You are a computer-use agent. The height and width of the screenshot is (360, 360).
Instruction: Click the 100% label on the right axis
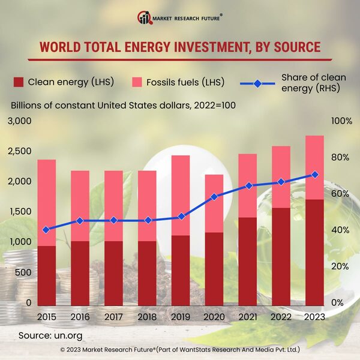[x=341, y=121]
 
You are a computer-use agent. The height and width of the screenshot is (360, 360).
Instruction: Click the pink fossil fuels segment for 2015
[x=46, y=202]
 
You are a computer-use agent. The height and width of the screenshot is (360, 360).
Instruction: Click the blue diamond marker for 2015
[x=46, y=230]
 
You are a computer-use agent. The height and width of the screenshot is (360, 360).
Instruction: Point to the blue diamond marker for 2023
[x=314, y=175]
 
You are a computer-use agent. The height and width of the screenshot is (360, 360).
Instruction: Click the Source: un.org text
[x=50, y=335]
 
